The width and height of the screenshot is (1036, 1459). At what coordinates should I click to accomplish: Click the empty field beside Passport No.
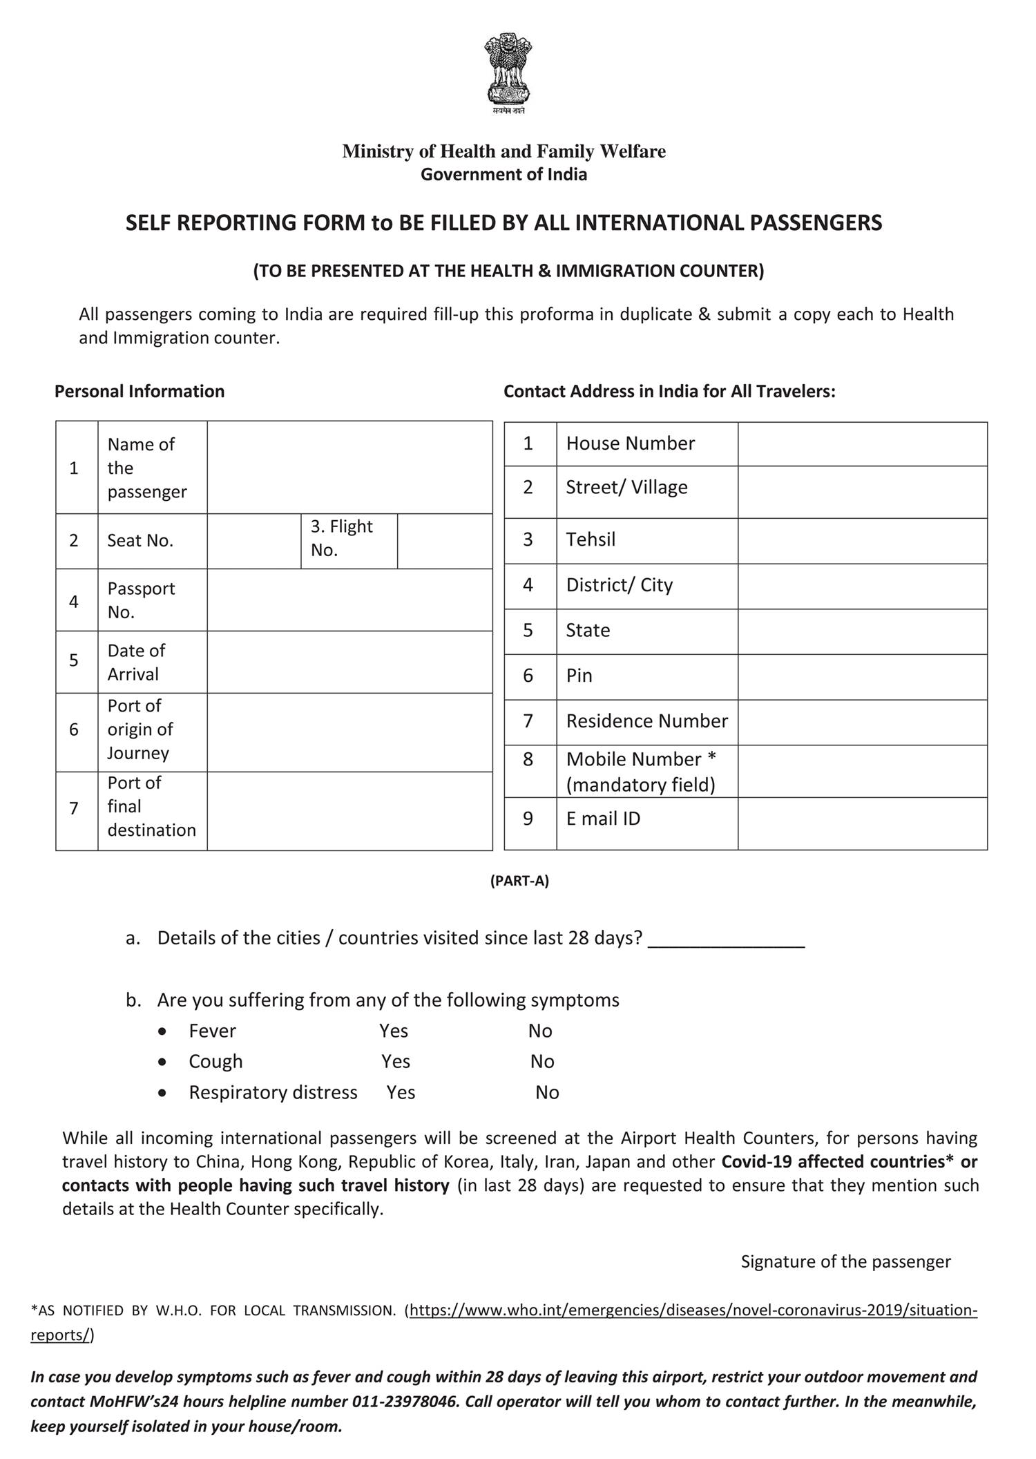click(x=349, y=600)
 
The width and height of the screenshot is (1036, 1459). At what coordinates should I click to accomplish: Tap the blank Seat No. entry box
click(x=253, y=541)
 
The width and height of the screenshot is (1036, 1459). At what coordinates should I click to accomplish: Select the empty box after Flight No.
click(x=445, y=541)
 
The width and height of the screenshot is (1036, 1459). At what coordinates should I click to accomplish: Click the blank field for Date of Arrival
click(x=349, y=662)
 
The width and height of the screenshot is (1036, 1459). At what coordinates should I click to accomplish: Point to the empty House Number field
click(x=862, y=444)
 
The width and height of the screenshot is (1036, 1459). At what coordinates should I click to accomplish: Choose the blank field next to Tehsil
click(x=862, y=540)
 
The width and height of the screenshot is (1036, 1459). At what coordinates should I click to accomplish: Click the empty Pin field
click(x=862, y=676)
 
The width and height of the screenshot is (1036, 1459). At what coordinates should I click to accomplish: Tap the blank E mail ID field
click(x=862, y=823)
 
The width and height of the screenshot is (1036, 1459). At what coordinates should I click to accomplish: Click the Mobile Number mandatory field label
click(x=641, y=772)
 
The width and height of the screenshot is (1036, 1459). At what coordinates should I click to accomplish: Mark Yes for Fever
click(x=394, y=1031)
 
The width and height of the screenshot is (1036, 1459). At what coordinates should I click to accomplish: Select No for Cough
click(x=542, y=1061)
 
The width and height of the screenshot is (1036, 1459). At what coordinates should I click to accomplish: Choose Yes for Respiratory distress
click(x=401, y=1092)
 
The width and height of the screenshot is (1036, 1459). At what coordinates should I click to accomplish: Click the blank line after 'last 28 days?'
click(x=726, y=941)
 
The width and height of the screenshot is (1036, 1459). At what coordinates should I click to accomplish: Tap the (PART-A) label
click(x=519, y=881)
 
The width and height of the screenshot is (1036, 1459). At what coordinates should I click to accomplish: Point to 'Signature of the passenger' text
click(x=845, y=1261)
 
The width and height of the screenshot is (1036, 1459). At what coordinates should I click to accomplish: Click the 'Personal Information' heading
click(x=140, y=391)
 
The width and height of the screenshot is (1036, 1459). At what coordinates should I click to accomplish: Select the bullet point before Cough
click(x=162, y=1062)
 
